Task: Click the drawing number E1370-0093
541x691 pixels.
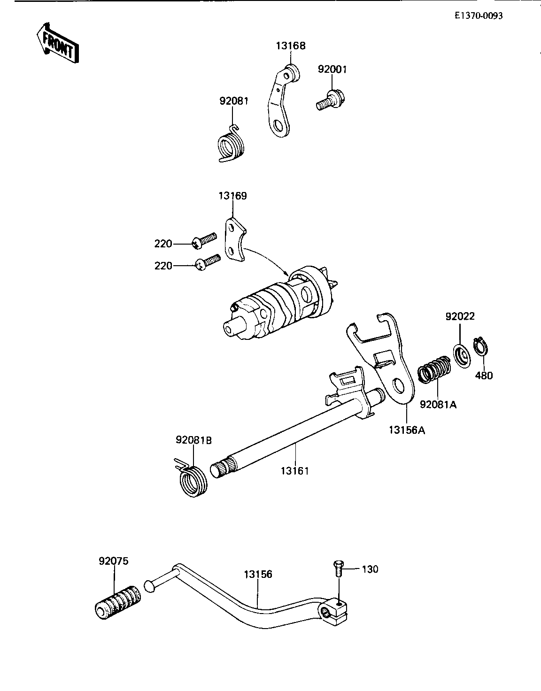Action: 479,15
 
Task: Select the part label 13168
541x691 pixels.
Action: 290,46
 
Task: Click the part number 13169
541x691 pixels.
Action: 232,196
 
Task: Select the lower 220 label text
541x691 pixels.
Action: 163,266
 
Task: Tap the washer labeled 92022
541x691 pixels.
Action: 460,355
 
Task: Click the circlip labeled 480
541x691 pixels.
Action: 480,349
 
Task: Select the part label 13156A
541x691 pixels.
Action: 407,430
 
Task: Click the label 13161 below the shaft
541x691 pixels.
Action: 295,471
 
